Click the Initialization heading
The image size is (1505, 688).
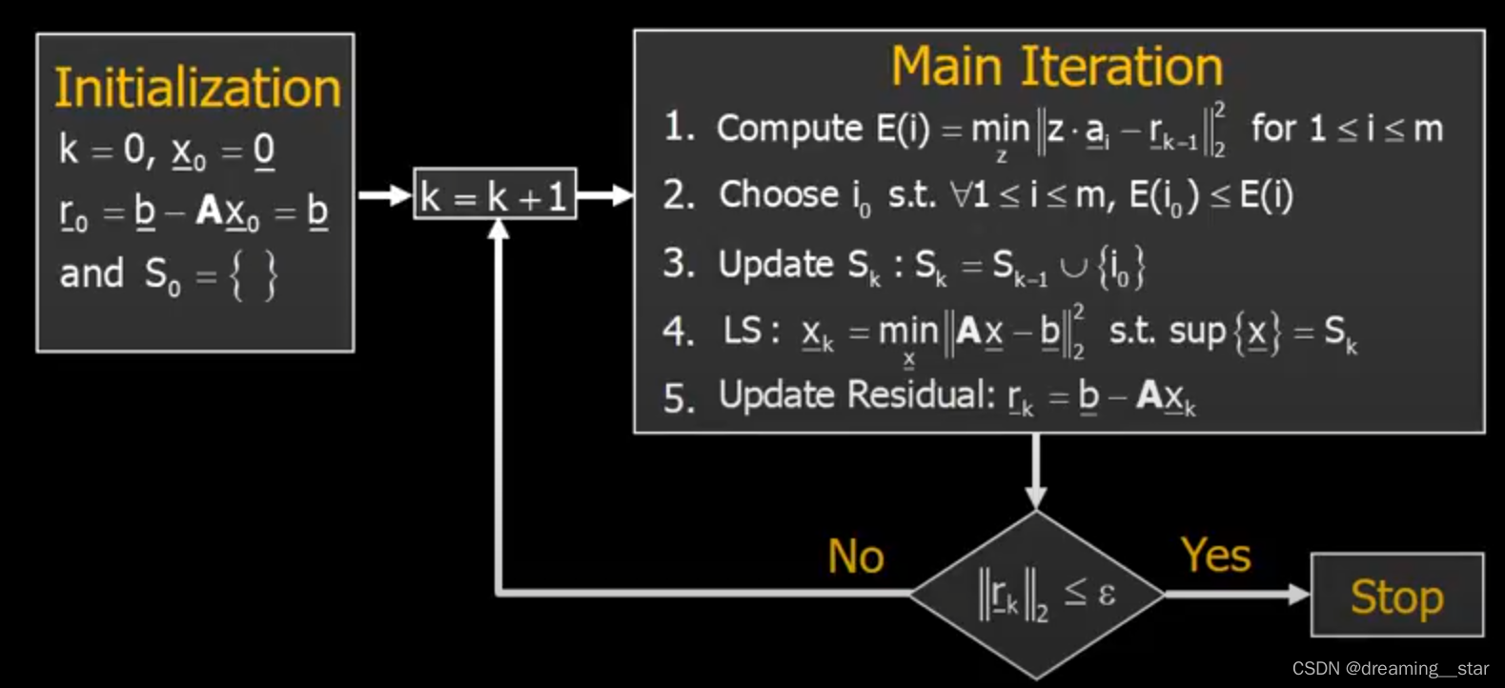[197, 88]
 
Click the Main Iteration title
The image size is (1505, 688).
[1056, 67]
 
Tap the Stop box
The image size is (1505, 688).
[1396, 597]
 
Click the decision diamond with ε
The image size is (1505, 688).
[1037, 595]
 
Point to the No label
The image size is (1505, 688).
[855, 556]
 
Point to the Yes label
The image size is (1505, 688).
[1215, 555]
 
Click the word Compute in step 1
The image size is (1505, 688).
[789, 129]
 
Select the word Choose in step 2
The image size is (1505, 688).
[779, 194]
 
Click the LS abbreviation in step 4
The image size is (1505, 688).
[742, 331]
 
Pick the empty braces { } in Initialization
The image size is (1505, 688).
[254, 276]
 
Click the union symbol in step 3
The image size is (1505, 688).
[1073, 267]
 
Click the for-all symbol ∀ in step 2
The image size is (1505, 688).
[961, 195]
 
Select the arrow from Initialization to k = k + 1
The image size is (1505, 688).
[384, 196]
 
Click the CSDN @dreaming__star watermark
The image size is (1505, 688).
[1390, 669]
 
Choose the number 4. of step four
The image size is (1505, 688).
[678, 332]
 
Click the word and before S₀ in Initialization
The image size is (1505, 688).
[92, 273]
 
